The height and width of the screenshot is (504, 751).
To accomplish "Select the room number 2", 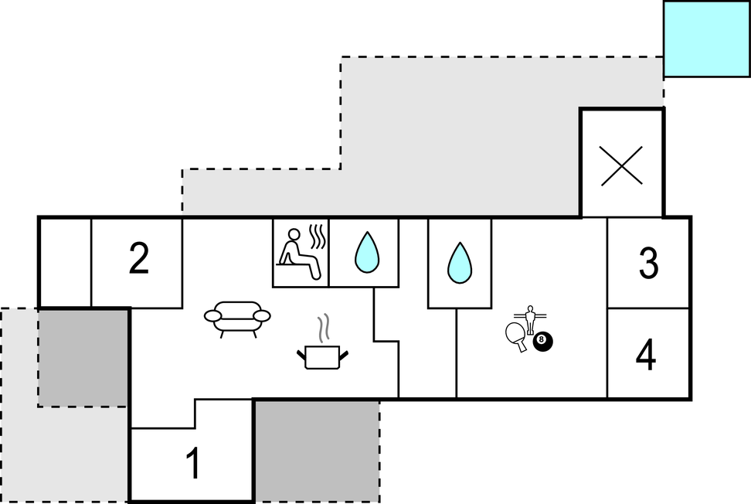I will (x=138, y=260).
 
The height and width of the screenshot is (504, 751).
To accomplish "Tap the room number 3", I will (x=648, y=264).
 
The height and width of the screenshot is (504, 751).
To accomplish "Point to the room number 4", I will (x=647, y=356).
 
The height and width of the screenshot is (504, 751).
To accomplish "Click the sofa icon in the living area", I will (x=237, y=317).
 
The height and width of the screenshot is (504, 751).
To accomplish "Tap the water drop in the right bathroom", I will (x=460, y=262).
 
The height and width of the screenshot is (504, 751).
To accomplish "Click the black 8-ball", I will (x=544, y=339).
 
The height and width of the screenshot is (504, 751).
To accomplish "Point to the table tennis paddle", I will (x=516, y=335).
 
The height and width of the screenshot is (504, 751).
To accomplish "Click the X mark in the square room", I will (x=622, y=164).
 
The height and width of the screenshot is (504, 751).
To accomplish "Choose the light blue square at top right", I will (x=707, y=38).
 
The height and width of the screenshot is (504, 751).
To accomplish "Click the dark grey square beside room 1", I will (x=316, y=450).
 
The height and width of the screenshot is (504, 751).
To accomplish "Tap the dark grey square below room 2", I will (x=83, y=357).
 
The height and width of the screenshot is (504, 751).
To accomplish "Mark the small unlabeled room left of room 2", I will (x=65, y=262).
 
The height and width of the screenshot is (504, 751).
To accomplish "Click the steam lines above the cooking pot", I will (x=326, y=328).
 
